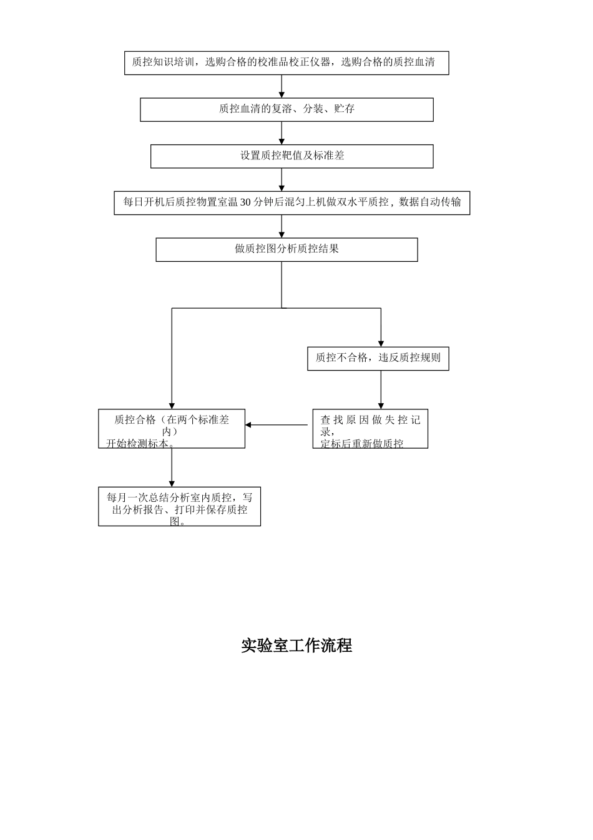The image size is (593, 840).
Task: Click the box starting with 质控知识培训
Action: [x=287, y=62]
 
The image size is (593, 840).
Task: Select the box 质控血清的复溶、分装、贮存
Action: [x=287, y=109]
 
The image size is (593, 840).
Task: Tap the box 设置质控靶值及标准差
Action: [x=292, y=156]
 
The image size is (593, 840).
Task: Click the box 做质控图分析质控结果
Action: [x=287, y=249]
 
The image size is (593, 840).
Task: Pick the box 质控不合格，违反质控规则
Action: [x=378, y=358]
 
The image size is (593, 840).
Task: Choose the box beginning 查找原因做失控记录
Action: [x=370, y=429]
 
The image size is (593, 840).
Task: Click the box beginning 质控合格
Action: [x=172, y=429]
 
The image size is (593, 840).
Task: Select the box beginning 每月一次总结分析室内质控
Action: [x=179, y=506]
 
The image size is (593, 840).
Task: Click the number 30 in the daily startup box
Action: [x=245, y=202]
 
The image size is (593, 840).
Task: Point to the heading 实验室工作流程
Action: [x=296, y=646]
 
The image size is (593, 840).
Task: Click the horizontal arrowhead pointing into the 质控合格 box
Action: [x=248, y=425]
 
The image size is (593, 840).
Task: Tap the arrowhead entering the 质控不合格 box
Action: [x=381, y=343]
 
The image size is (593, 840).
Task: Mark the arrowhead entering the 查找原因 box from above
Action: [x=381, y=406]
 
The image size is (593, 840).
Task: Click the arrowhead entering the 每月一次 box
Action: [x=172, y=483]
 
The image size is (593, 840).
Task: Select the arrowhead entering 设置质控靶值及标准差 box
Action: [x=282, y=141]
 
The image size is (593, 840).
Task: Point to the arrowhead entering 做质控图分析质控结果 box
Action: [x=282, y=234]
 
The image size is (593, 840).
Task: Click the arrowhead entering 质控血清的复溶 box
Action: [x=282, y=94]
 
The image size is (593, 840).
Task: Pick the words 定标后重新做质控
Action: [x=362, y=444]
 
